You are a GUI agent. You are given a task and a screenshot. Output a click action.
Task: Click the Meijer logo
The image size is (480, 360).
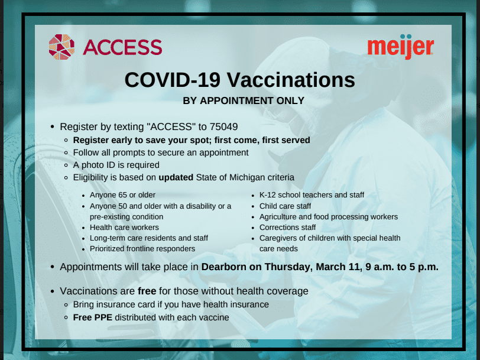coord(401,47)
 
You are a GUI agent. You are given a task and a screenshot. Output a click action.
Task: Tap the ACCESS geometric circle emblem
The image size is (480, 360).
coord(61,47)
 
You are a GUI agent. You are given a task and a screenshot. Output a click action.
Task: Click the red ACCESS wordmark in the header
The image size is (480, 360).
coord(122,47)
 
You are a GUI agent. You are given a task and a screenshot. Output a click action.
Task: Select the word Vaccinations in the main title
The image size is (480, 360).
coord(291,80)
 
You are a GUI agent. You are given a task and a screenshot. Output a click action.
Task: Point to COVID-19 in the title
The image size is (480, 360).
coord(173,80)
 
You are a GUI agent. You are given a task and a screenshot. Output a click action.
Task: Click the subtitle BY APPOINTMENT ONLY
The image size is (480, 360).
coord(244,100)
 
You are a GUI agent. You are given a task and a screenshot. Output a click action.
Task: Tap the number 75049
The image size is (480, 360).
coord(223,127)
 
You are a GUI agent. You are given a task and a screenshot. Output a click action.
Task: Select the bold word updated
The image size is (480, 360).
coord(176,177)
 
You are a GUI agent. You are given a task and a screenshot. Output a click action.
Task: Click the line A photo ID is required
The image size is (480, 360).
coord(116,165)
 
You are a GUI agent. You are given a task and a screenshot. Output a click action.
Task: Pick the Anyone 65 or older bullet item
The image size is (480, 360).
coord(122,195)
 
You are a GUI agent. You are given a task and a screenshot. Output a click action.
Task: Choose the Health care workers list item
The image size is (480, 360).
coord(124,228)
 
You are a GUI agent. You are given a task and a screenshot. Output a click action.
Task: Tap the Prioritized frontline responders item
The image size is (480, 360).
coord(142,249)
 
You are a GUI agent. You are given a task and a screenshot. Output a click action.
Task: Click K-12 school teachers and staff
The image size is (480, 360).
coord(312,195)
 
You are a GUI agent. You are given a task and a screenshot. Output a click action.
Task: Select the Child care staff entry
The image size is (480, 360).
coord(285,206)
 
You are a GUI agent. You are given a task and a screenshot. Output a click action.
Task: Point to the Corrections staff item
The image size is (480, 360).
coord(287,228)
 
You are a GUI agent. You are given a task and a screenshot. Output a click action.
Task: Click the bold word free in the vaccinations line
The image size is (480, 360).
coord(147,291)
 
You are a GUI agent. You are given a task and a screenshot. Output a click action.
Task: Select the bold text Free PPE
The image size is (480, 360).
coord(93,317)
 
